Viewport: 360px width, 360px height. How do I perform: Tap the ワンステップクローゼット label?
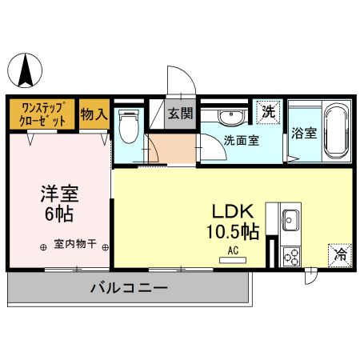[x=42, y=114]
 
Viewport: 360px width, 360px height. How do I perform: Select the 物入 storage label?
[x=94, y=114]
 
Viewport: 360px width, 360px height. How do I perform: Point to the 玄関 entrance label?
[x=180, y=114]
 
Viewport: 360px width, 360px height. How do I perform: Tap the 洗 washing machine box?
[x=268, y=113]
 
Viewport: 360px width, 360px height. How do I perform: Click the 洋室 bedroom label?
[x=58, y=194]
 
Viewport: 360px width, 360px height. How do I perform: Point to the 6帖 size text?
[x=58, y=215]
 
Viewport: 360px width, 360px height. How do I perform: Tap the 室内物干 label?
[x=74, y=246]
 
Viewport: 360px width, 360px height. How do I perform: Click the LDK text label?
[x=233, y=211]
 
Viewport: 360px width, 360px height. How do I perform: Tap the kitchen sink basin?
[x=290, y=218]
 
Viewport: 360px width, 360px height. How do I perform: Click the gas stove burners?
[x=290, y=256]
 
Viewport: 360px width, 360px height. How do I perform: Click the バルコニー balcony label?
[x=128, y=286]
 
